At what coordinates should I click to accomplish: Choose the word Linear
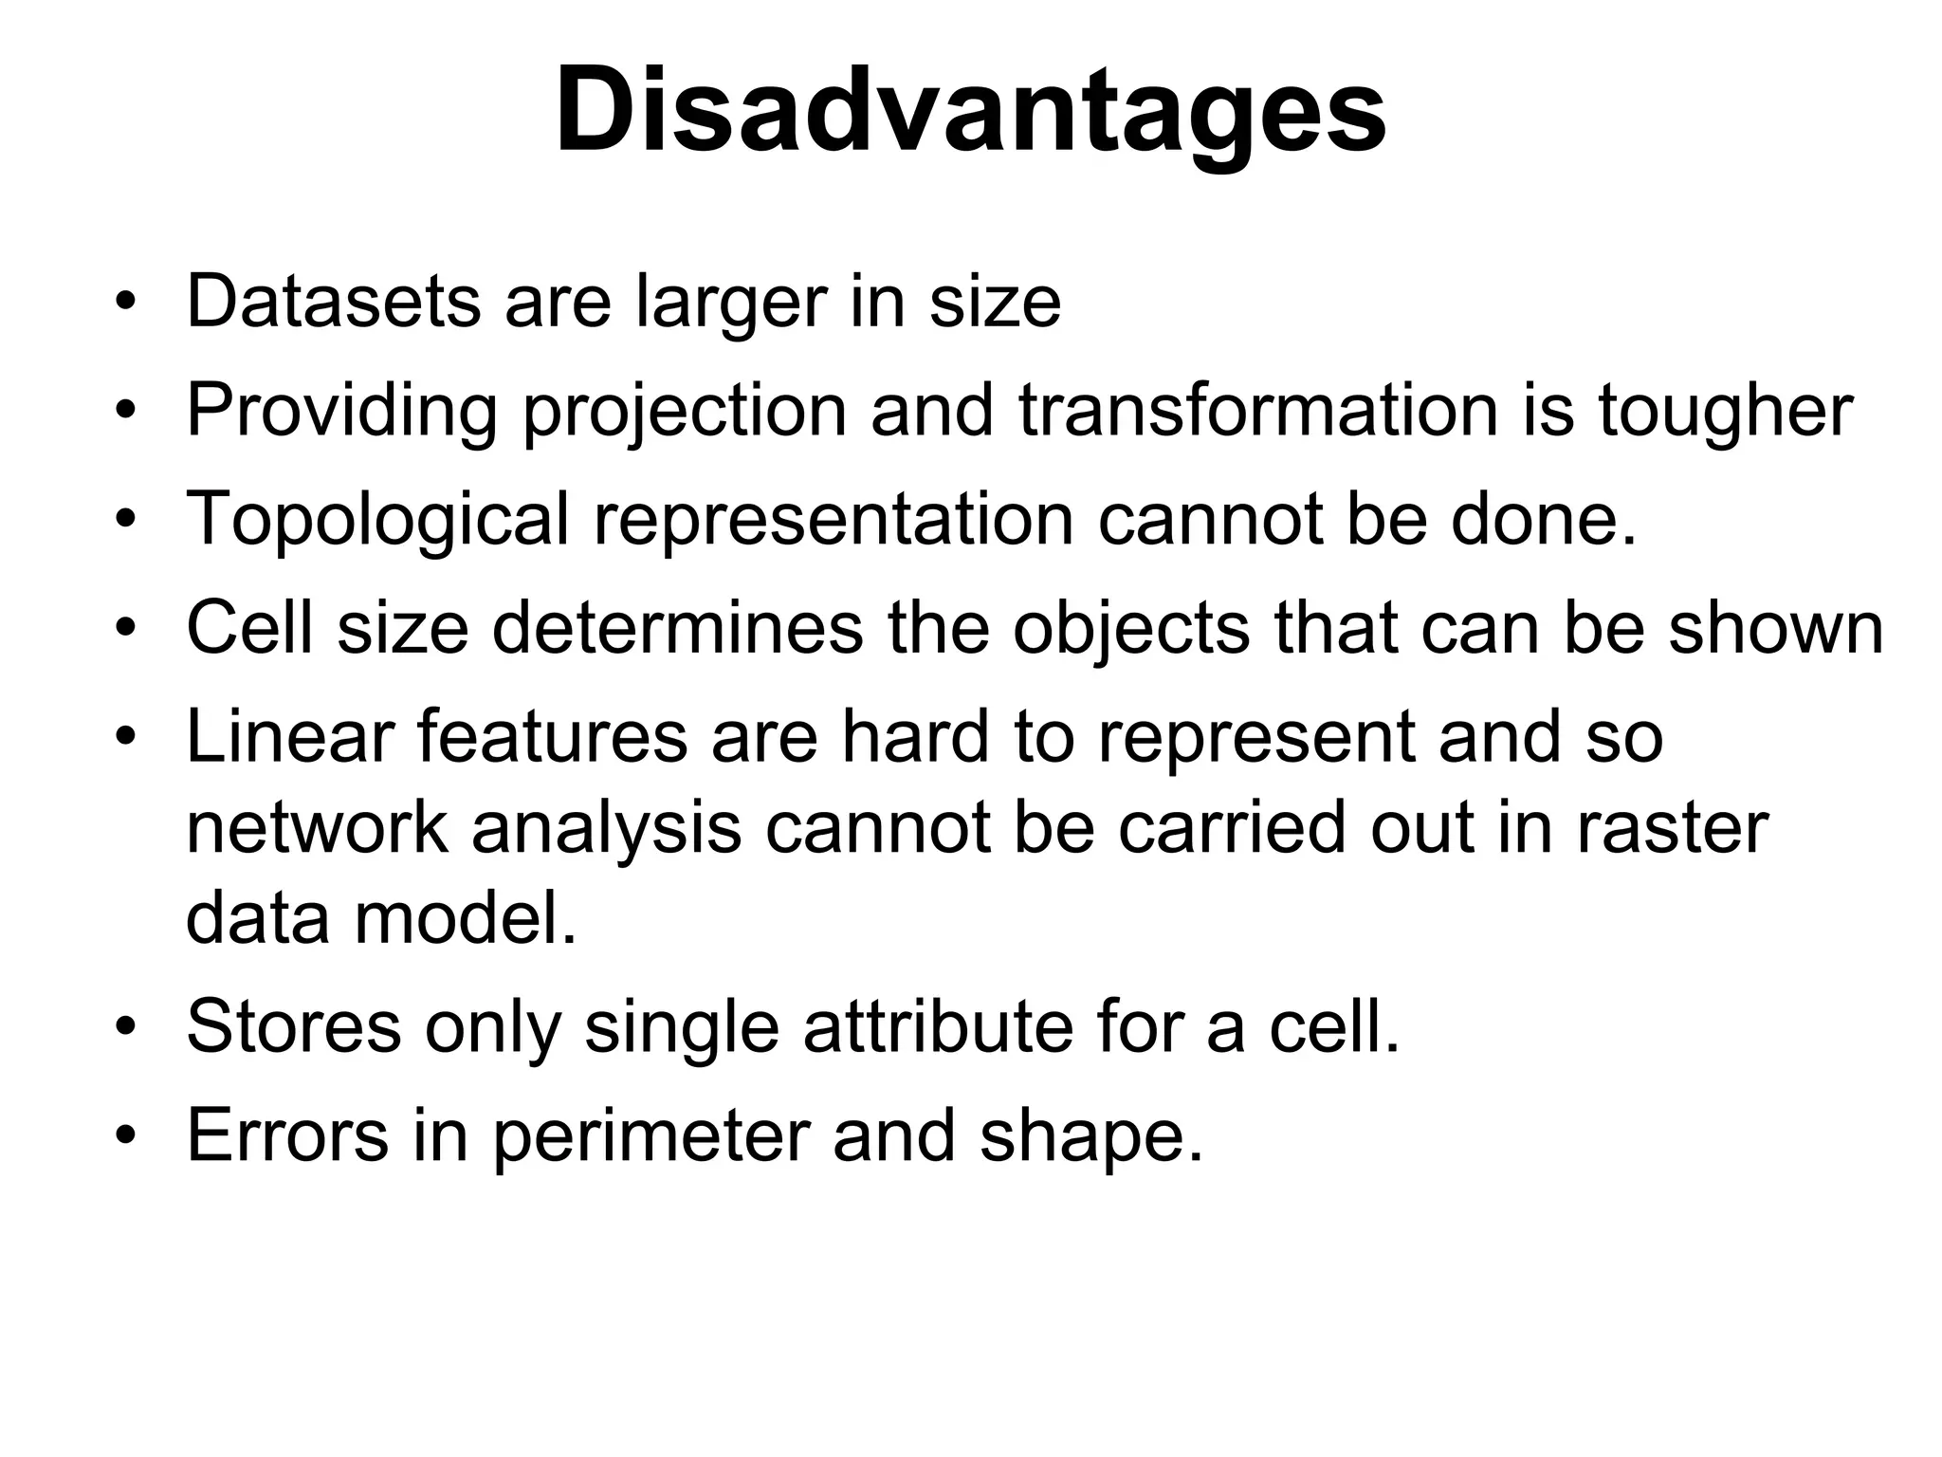point(289,736)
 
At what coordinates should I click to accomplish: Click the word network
point(316,827)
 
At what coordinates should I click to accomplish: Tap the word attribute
point(936,1026)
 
